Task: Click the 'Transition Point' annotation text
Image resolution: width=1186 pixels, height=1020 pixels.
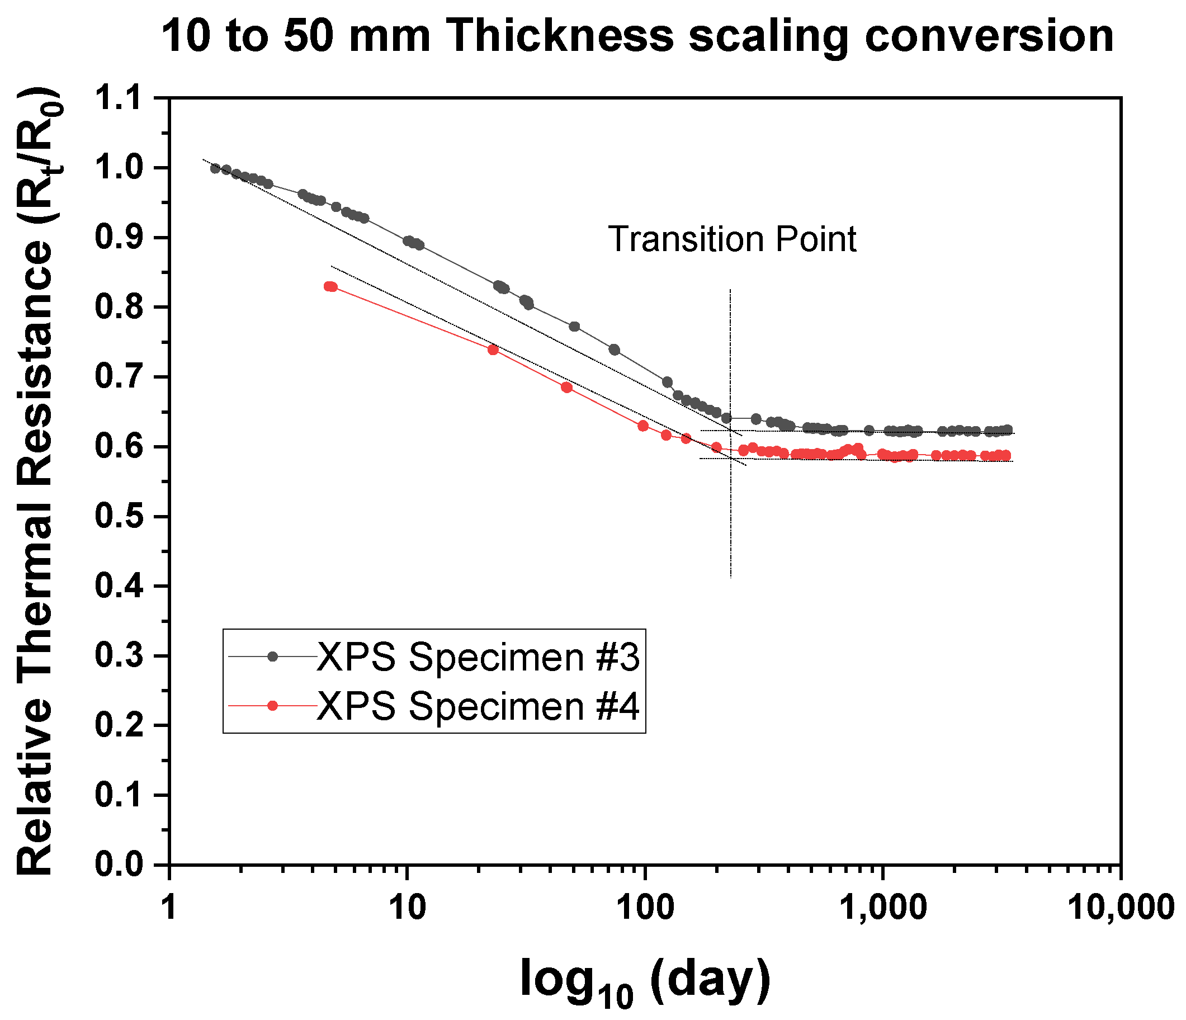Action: [731, 239]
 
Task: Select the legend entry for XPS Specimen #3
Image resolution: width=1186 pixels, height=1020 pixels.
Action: [478, 657]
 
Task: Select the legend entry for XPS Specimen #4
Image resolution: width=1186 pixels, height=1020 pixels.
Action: [478, 706]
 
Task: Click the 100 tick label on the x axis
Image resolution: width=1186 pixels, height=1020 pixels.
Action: [645, 908]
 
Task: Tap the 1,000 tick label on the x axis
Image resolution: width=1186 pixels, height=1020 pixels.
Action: [883, 908]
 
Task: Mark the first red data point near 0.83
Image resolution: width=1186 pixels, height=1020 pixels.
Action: [329, 286]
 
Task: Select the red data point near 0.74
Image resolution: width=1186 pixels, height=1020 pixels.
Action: [493, 350]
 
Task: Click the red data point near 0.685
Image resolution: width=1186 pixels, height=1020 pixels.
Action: [566, 388]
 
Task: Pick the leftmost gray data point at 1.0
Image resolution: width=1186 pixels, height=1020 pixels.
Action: [215, 168]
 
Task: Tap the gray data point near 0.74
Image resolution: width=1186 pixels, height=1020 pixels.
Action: [614, 350]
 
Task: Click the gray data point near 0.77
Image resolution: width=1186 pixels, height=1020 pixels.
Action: [575, 327]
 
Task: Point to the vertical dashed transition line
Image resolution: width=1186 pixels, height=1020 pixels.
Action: [730, 515]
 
